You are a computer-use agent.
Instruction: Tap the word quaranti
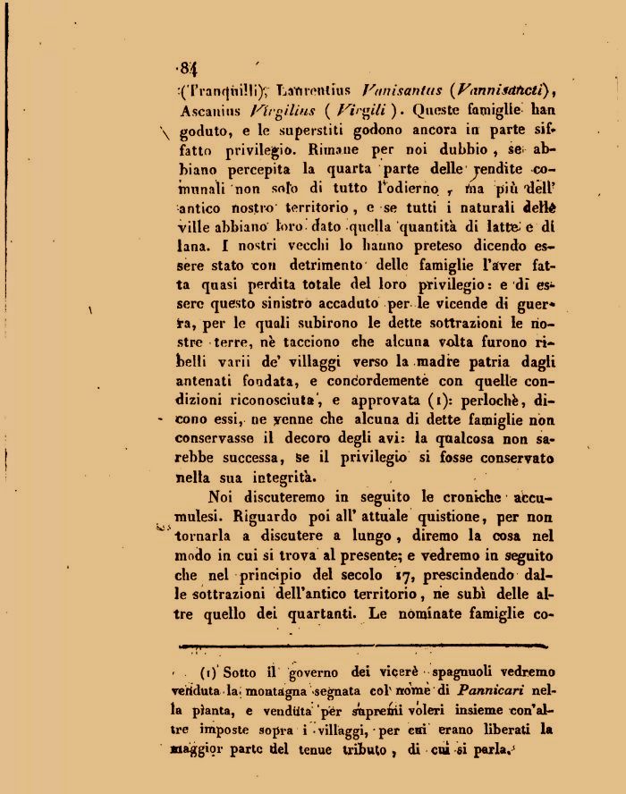pyautogui.click(x=315, y=614)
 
